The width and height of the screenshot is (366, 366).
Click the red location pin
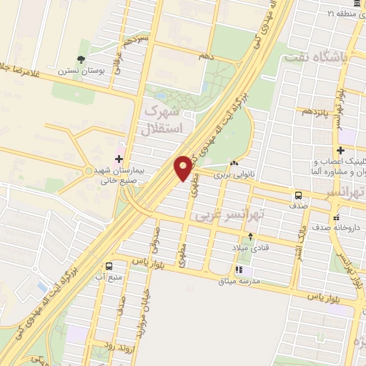coord(184,167)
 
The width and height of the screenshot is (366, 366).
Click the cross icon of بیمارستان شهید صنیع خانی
coord(119,158)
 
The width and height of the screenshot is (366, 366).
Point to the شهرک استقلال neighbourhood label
coord(165,119)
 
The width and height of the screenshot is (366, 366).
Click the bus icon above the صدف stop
coord(297,194)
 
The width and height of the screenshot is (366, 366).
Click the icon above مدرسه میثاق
coord(239,270)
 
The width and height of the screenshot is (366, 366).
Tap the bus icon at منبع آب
coord(109,265)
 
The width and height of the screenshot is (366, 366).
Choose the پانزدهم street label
coord(315,112)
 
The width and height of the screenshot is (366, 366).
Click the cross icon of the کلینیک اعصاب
coord(342,151)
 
